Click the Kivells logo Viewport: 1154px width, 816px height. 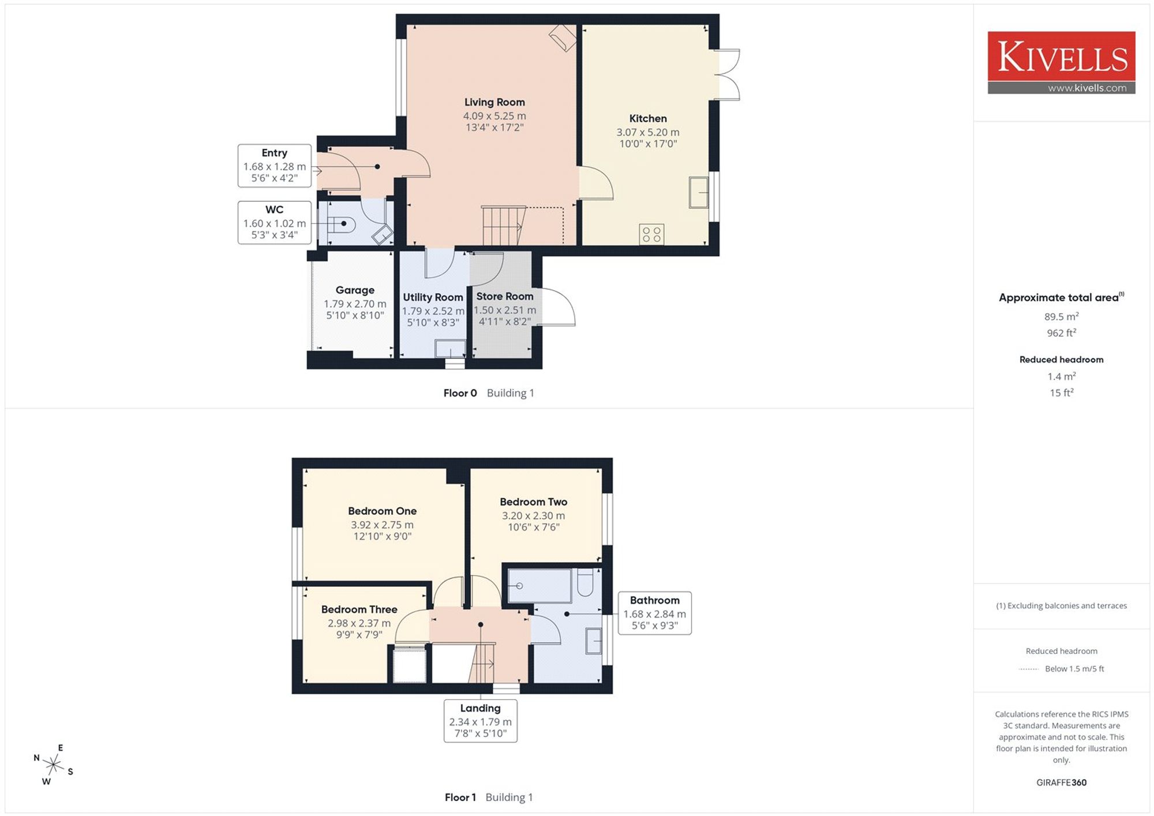tap(1061, 62)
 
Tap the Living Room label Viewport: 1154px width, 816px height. tap(494, 102)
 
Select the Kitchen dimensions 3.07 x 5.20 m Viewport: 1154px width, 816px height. tap(648, 132)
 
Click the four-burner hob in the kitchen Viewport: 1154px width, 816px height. tap(651, 234)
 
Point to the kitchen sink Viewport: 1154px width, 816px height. tap(698, 192)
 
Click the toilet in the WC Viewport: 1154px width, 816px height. tap(340, 223)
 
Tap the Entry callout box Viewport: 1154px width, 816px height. tap(275, 166)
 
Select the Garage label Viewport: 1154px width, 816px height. tap(355, 290)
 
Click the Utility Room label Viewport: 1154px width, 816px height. tap(433, 297)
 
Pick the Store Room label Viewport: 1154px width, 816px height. tap(504, 296)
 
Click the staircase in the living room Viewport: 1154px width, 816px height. tap(504, 226)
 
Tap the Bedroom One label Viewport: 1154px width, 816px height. tap(382, 511)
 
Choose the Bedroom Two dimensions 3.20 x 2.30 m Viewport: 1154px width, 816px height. tap(533, 515)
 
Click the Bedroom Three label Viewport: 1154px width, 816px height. tap(359, 609)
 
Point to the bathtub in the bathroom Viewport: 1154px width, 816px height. tap(539, 586)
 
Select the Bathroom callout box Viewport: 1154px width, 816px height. tap(655, 613)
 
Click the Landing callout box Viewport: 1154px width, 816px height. tap(481, 721)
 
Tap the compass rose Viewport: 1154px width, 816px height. tap(54, 765)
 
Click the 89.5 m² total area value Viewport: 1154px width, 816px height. tap(1061, 316)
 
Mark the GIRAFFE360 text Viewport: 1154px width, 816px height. tap(1061, 783)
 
